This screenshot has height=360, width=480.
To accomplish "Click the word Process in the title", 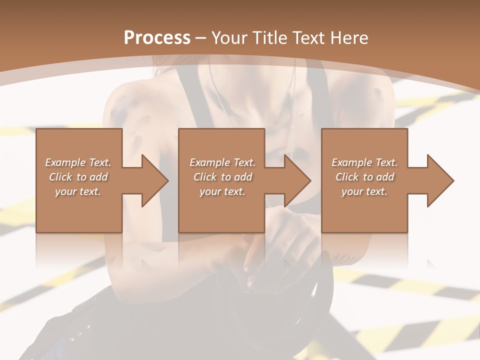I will coord(157,38).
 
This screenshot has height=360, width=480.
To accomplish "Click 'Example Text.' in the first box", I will coord(78,162).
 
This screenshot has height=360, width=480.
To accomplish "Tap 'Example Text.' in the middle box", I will coord(222,162).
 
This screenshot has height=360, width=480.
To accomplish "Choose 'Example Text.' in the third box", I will coord(364,162).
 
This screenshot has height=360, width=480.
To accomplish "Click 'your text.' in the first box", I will coord(78,191).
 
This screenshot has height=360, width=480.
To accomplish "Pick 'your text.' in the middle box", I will coord(222,191).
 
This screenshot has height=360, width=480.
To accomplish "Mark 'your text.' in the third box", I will coord(364,191).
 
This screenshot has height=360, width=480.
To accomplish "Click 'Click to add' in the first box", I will coord(78,177).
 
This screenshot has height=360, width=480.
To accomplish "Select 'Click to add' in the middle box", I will coord(222,177).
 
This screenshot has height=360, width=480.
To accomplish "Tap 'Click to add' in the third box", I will coord(364,177).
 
